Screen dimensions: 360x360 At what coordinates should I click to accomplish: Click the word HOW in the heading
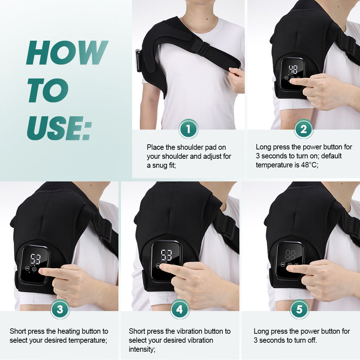[67, 53]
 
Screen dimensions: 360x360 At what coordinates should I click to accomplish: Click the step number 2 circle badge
[303, 129]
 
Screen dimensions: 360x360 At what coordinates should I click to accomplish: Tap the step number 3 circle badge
[60, 309]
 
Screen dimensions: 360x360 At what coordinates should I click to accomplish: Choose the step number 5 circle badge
[299, 309]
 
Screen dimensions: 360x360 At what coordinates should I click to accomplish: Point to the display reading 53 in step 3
[35, 259]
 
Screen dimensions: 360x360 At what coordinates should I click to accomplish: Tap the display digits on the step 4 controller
[166, 255]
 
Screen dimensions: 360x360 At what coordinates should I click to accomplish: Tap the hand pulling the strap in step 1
[236, 79]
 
